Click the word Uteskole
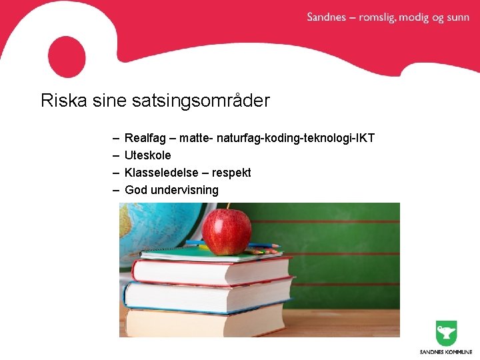click(x=147, y=155)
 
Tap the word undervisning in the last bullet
click(x=185, y=190)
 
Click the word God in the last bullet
click(x=135, y=190)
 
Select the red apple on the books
click(x=226, y=232)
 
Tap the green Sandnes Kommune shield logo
click(x=446, y=333)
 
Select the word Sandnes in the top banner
click(x=327, y=17)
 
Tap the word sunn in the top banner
click(x=458, y=17)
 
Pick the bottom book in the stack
click(x=207, y=321)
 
